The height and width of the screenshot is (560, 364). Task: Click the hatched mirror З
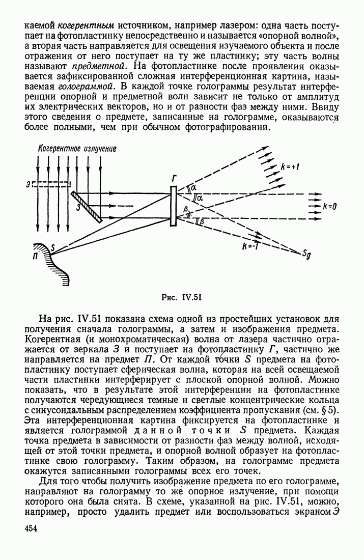pos(86,206)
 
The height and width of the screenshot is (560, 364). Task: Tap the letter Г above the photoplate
pos(174,178)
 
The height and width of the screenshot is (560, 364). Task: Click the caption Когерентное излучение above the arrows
pos(77,149)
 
